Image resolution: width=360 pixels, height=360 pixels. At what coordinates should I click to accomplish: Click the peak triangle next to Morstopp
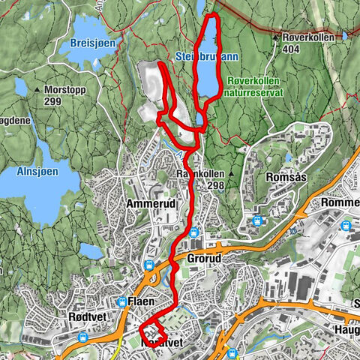pos(34,88)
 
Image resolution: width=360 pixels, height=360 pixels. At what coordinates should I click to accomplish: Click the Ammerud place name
pos(151,204)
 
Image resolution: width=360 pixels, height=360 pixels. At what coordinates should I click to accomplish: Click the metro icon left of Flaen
pos(122,301)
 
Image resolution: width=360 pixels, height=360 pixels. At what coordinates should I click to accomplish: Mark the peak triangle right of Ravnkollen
pos(233,174)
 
